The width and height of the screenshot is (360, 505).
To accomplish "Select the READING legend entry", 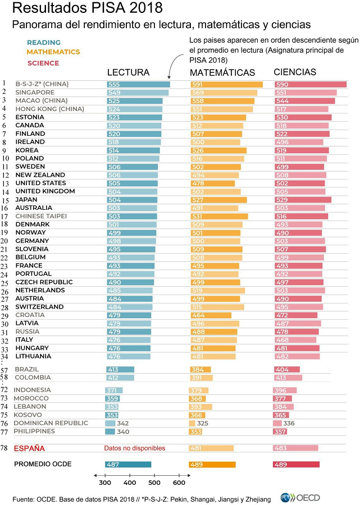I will pyautogui.click(x=44, y=43).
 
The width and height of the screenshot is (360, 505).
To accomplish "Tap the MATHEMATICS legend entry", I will pyautogui.click(x=53, y=52).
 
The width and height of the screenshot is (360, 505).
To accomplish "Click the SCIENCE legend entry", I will pyautogui.click(x=43, y=63).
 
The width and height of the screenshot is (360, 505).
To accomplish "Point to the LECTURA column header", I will pyautogui.click(x=128, y=73).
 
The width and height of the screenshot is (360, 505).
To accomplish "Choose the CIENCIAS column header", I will pyautogui.click(x=295, y=72).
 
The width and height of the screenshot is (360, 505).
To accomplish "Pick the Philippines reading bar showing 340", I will pyautogui.click(x=110, y=431).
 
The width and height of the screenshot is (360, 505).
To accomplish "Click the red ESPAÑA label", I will pyautogui.click(x=29, y=448).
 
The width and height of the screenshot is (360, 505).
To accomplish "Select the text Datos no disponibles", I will pyautogui.click(x=135, y=448).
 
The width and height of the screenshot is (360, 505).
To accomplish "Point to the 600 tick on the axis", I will pyautogui.click(x=179, y=483).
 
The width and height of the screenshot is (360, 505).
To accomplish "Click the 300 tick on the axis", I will pyautogui.click(x=105, y=483).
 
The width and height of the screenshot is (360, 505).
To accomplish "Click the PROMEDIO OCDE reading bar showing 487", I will pyautogui.click(x=128, y=465).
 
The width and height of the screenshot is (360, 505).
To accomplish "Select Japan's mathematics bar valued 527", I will pyautogui.click(x=218, y=200).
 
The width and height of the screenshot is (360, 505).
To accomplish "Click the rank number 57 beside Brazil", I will pyautogui.click(x=5, y=370).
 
